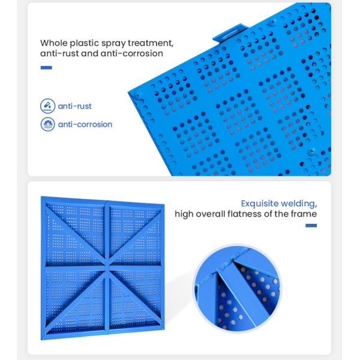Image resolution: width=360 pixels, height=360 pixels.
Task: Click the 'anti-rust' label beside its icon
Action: pyautogui.click(x=74, y=106)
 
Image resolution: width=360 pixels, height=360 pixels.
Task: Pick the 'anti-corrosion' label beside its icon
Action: pyautogui.click(x=85, y=124)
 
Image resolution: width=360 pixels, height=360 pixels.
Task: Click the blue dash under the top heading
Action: pyautogui.click(x=46, y=68)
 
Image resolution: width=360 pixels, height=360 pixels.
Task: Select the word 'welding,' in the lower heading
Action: pyautogui.click(x=301, y=203)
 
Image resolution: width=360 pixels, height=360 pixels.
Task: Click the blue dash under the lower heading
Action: pyautogui.click(x=311, y=226)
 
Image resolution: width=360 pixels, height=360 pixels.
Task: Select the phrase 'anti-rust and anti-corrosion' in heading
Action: pyautogui.click(x=101, y=54)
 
